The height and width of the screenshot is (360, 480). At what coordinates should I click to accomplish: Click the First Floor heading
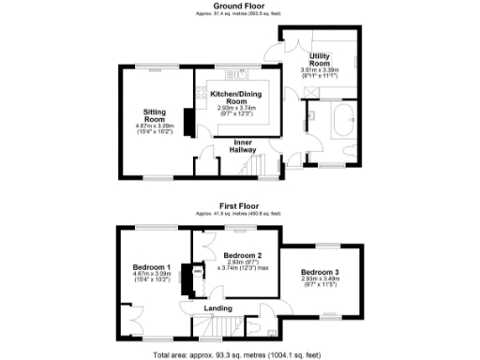(240, 205)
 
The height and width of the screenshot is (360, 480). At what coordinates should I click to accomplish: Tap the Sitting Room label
(155, 114)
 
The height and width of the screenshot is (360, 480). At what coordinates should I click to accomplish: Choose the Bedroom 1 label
(151, 267)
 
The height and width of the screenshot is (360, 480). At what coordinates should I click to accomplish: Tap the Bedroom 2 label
(241, 255)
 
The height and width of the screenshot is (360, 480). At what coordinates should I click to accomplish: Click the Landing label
(217, 307)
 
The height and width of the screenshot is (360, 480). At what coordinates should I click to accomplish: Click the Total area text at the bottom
(240, 354)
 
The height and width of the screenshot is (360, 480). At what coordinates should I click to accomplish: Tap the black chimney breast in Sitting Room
(186, 121)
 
